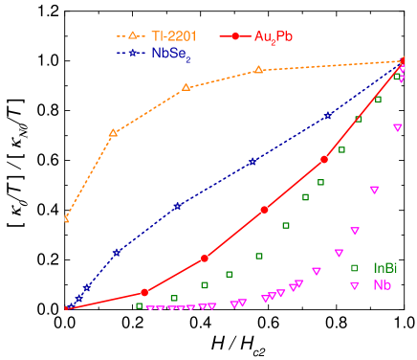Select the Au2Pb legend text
pyautogui.click(x=274, y=36)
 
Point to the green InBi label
pyautogui.click(x=385, y=268)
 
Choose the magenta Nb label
pyautogui.click(x=382, y=285)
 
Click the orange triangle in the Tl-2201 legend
pyautogui.click(x=132, y=35)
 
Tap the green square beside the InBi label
pyautogui.click(x=355, y=268)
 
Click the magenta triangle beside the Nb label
pyautogui.click(x=355, y=286)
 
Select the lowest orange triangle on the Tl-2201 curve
pyautogui.click(x=66, y=219)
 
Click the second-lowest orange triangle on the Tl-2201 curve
pyautogui.click(x=113, y=133)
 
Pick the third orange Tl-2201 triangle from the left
pyautogui.click(x=186, y=87)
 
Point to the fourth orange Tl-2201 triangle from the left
pyautogui.click(x=258, y=70)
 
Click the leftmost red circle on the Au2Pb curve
pyautogui.click(x=144, y=293)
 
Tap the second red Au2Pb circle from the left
pyautogui.click(x=205, y=259)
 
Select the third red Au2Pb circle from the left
pyautogui.click(x=265, y=210)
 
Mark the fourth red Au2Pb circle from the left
pyautogui.click(x=324, y=159)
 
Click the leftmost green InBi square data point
pyautogui.click(x=140, y=306)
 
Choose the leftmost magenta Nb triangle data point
pyautogui.click(x=148, y=308)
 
